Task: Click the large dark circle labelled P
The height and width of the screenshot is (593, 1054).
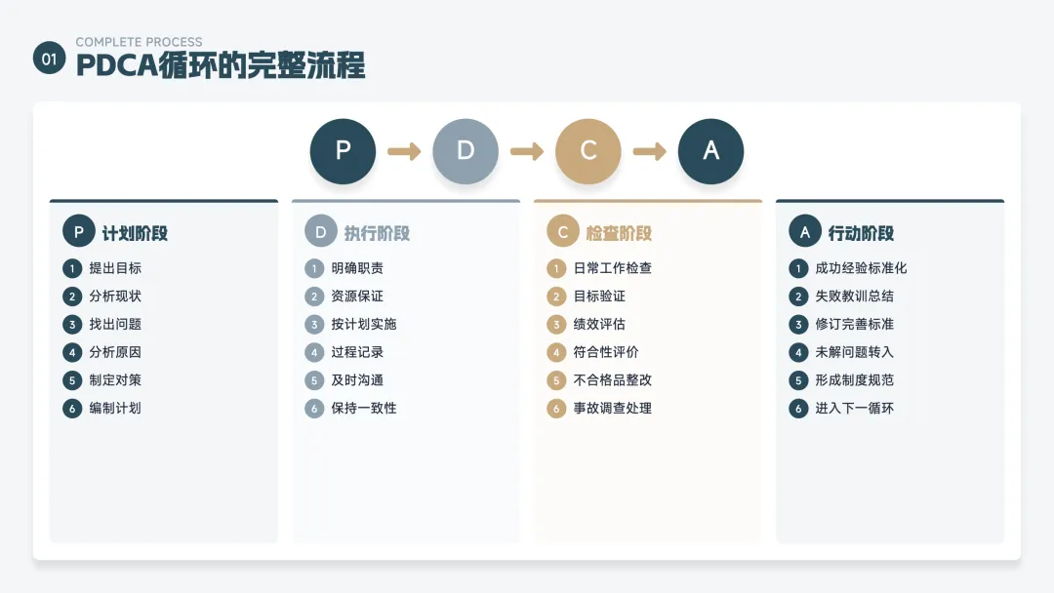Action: coord(343,151)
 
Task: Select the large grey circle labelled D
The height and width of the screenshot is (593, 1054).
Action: coord(466,151)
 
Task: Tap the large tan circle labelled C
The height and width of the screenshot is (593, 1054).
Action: coord(588,151)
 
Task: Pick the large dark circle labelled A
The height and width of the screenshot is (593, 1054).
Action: coord(710,151)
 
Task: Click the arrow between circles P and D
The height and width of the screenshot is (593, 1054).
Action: coord(404,151)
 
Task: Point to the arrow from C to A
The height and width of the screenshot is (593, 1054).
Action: coord(649,151)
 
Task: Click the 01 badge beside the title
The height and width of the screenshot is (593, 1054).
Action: coord(50,59)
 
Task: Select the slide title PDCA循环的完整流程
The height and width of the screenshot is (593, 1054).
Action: coord(221,65)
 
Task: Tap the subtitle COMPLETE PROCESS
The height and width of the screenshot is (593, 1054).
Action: coord(140,42)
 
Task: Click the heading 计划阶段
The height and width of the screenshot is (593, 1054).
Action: coord(135,233)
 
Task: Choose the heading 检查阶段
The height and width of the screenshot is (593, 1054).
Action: coord(619,233)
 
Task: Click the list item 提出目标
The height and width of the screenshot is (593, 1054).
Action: coord(115,268)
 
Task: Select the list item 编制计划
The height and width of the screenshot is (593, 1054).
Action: coord(115,408)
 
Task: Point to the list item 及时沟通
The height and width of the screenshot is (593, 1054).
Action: coord(357,380)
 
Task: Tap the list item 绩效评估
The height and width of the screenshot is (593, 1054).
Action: coord(599,324)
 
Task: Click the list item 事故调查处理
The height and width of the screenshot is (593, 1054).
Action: coord(612,408)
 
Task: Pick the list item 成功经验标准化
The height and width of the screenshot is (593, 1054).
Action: coord(861,268)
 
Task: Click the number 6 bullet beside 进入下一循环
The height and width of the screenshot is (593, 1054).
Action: coord(798,409)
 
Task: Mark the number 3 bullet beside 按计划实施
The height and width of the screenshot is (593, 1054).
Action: coord(314,325)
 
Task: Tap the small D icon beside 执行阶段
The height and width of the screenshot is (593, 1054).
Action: coord(321,232)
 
